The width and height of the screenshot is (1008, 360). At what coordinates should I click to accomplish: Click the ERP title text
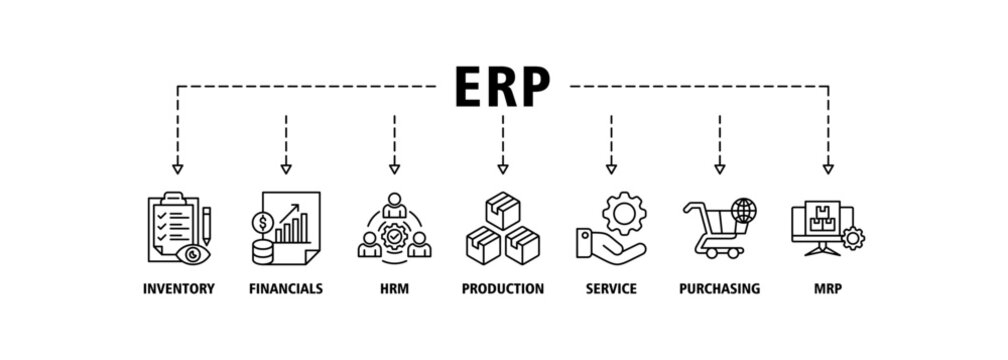pyautogui.click(x=502, y=87)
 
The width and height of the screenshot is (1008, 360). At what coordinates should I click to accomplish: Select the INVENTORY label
pyautogui.click(x=178, y=289)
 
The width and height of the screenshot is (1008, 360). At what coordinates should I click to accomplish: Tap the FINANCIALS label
pyautogui.click(x=286, y=289)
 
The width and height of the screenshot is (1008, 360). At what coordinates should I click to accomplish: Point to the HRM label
pyautogui.click(x=394, y=289)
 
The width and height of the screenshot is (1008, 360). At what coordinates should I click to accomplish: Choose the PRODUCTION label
pyautogui.click(x=502, y=289)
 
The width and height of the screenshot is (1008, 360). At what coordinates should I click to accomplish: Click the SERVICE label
pyautogui.click(x=611, y=289)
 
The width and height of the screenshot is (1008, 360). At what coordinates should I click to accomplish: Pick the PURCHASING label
pyautogui.click(x=719, y=289)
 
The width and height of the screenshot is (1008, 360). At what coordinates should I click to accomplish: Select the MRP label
pyautogui.click(x=827, y=289)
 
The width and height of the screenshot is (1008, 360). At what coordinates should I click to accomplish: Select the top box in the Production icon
pyautogui.click(x=502, y=210)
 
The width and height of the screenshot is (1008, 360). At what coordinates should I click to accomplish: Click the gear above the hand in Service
pyautogui.click(x=624, y=213)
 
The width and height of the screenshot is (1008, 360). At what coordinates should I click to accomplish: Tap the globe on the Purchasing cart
pyautogui.click(x=744, y=211)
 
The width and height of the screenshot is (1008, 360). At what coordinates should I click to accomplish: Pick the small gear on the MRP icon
pyautogui.click(x=853, y=239)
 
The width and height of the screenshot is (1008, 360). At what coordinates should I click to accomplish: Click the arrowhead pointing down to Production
pyautogui.click(x=502, y=168)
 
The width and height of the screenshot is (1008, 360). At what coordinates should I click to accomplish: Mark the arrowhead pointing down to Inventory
pyautogui.click(x=178, y=168)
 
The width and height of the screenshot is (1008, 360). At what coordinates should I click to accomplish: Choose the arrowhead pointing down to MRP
pyautogui.click(x=828, y=168)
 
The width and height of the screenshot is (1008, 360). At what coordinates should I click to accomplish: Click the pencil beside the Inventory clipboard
pyautogui.click(x=206, y=225)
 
